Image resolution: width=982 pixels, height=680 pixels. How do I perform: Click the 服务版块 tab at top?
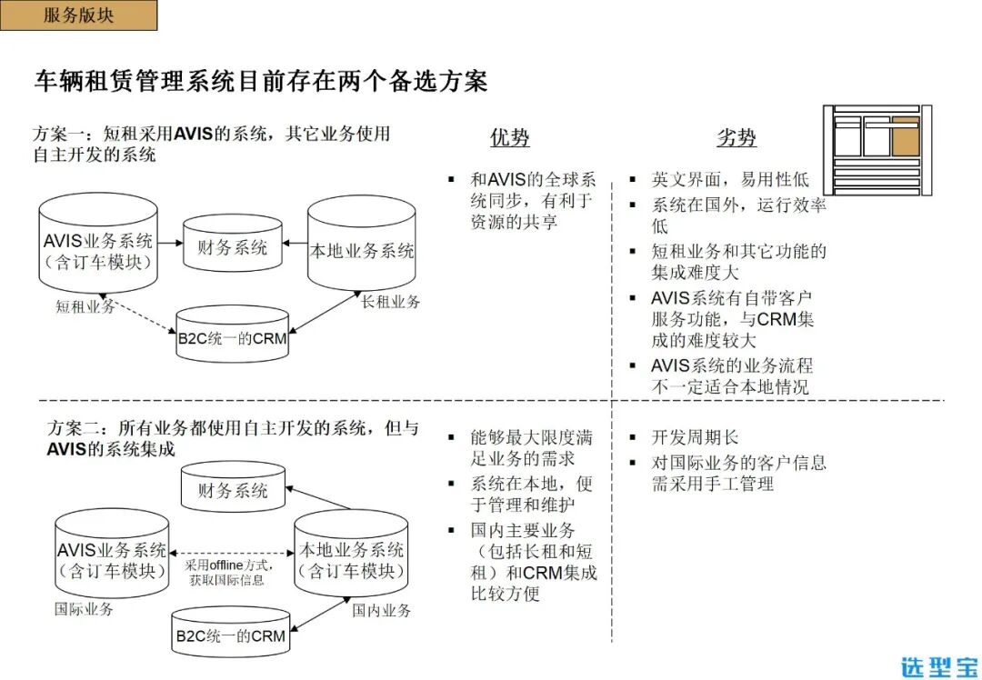click(x=79, y=15)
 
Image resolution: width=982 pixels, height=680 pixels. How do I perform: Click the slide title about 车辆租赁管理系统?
click(x=261, y=82)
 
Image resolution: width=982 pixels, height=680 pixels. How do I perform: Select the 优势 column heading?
click(x=509, y=138)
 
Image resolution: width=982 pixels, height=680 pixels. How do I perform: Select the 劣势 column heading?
click(x=736, y=138)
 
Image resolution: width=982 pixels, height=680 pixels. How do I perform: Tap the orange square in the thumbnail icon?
click(x=905, y=137)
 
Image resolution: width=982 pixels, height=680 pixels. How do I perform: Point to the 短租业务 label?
click(x=85, y=307)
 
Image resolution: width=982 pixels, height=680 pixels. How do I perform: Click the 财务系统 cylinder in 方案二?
click(x=233, y=489)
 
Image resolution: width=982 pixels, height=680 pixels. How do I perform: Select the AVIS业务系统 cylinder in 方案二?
click(x=112, y=558)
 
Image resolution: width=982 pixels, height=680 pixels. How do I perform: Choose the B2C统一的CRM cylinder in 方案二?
click(x=230, y=634)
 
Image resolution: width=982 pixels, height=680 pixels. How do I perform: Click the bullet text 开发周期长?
click(x=695, y=437)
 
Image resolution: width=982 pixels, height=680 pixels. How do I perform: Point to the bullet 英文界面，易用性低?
click(x=729, y=180)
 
